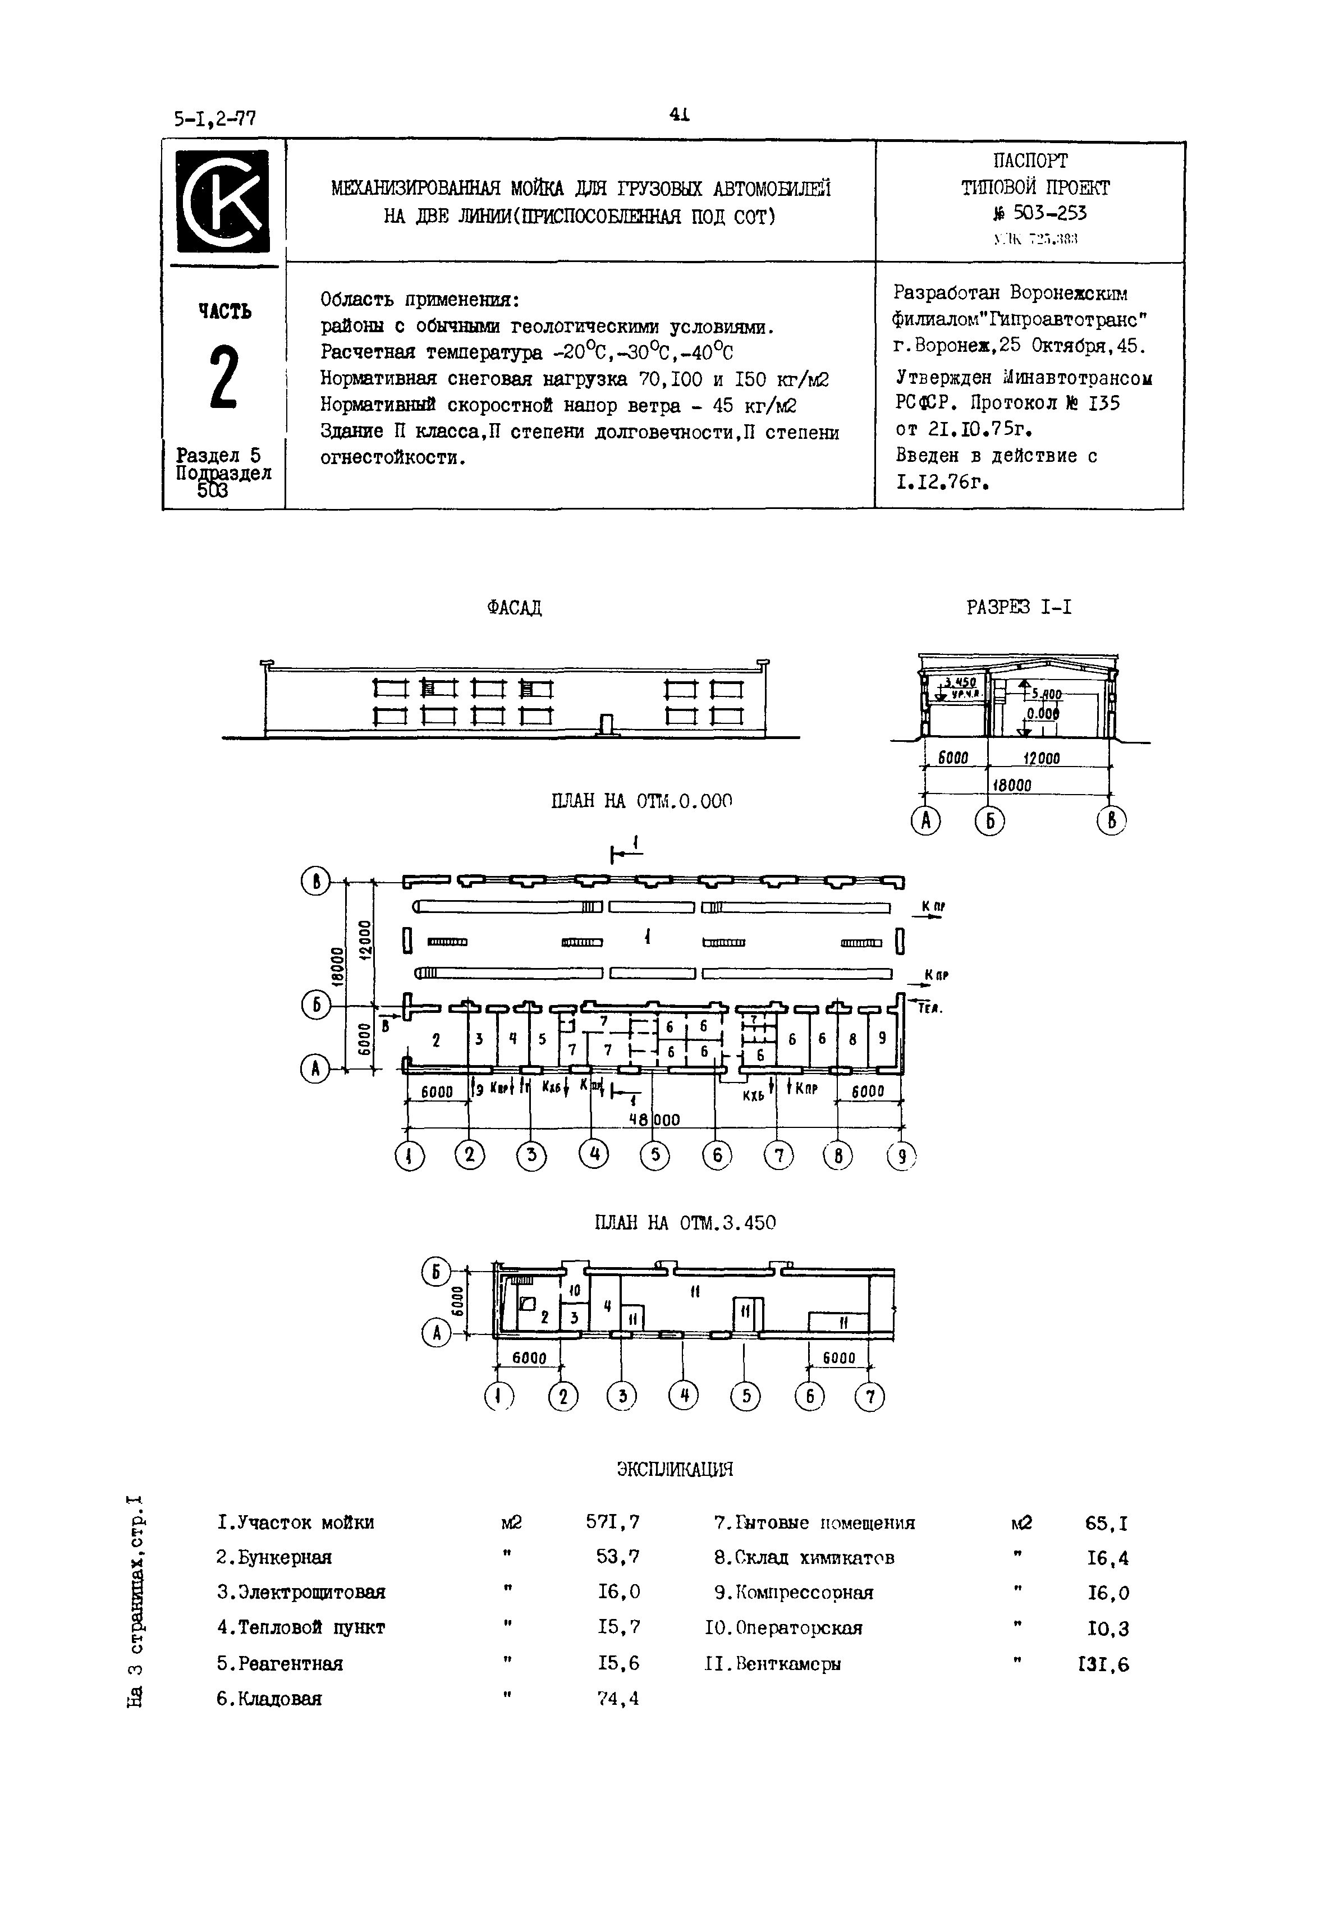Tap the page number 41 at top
coord(679,116)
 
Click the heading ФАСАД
coord(514,608)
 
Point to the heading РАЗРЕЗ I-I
coord(1019,608)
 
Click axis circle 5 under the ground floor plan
coord(654,1155)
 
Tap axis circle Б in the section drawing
coord(989,821)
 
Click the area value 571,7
coord(613,1522)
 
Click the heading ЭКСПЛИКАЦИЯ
coord(675,1470)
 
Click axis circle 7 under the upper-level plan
coord(869,1397)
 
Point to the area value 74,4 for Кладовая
coord(618,1699)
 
